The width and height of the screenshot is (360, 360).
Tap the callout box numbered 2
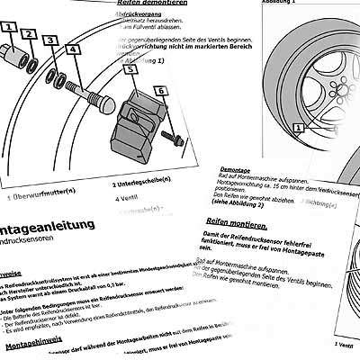pyautogui.click(x=29, y=35)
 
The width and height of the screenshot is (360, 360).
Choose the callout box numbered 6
pyautogui.click(x=162, y=90)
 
